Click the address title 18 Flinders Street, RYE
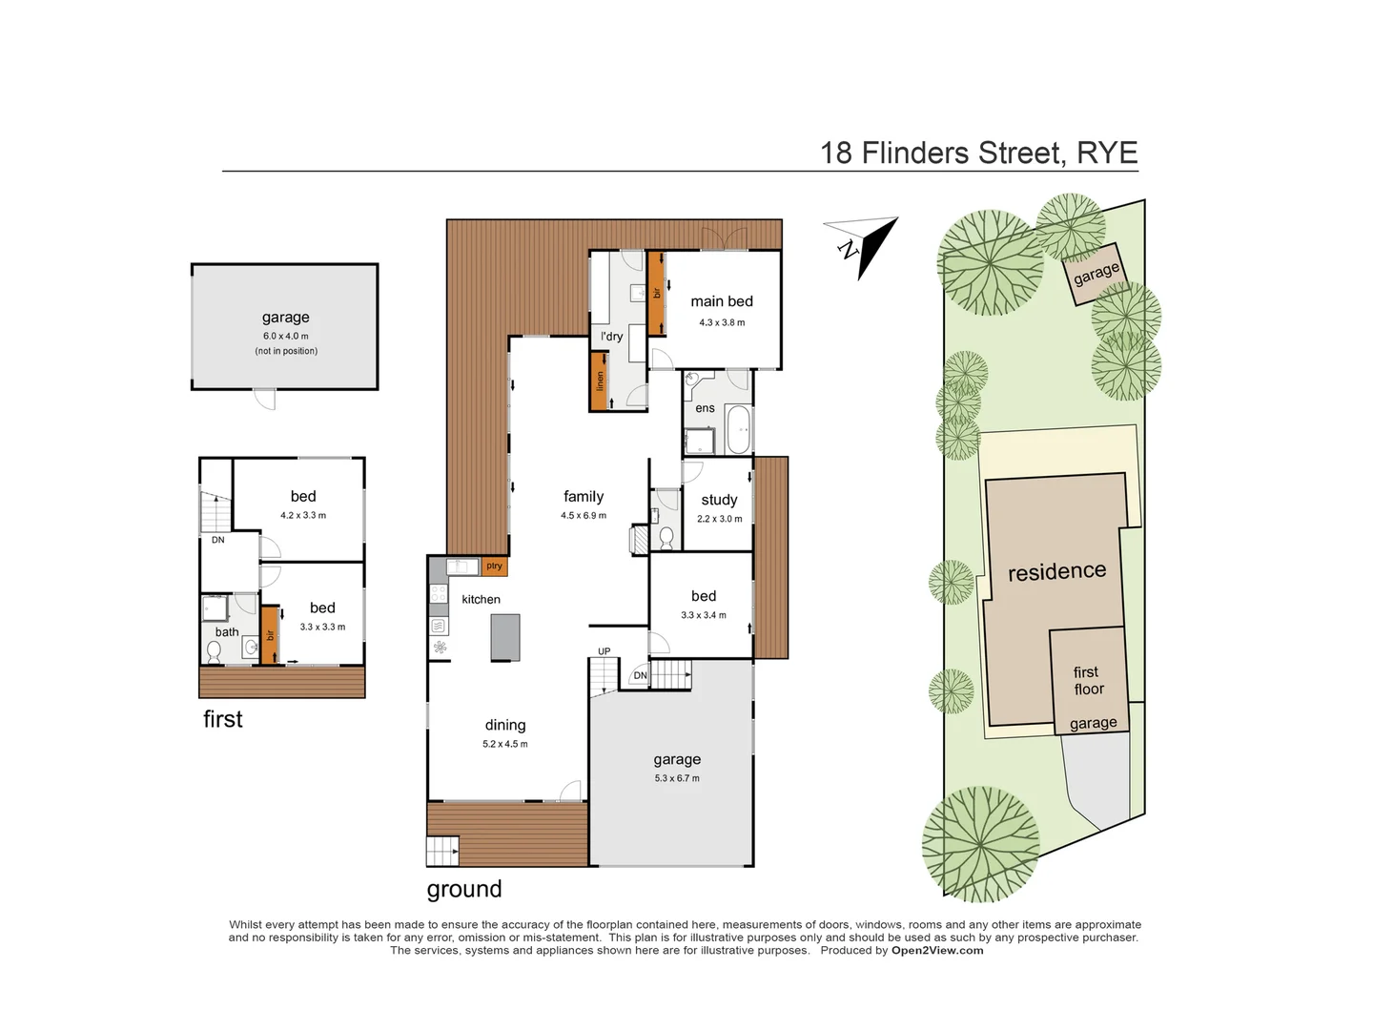coord(978,153)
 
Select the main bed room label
coord(722,301)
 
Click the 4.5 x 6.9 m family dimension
coord(584,516)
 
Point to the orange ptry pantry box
coord(494,566)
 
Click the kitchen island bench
coord(505,637)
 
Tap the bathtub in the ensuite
coord(738,430)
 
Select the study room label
coord(719,500)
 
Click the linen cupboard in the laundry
coord(600,381)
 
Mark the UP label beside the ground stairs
coord(605,652)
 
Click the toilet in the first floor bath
coord(215,651)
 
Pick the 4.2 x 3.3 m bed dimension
coord(303,516)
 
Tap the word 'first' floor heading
coord(223,720)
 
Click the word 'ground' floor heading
coord(464,890)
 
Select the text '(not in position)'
coord(286,351)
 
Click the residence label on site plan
coord(1057,571)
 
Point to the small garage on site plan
coord(1096,274)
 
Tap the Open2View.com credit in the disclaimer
coord(937,951)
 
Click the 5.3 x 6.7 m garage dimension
coord(677,778)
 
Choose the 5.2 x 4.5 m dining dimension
coord(505,744)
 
